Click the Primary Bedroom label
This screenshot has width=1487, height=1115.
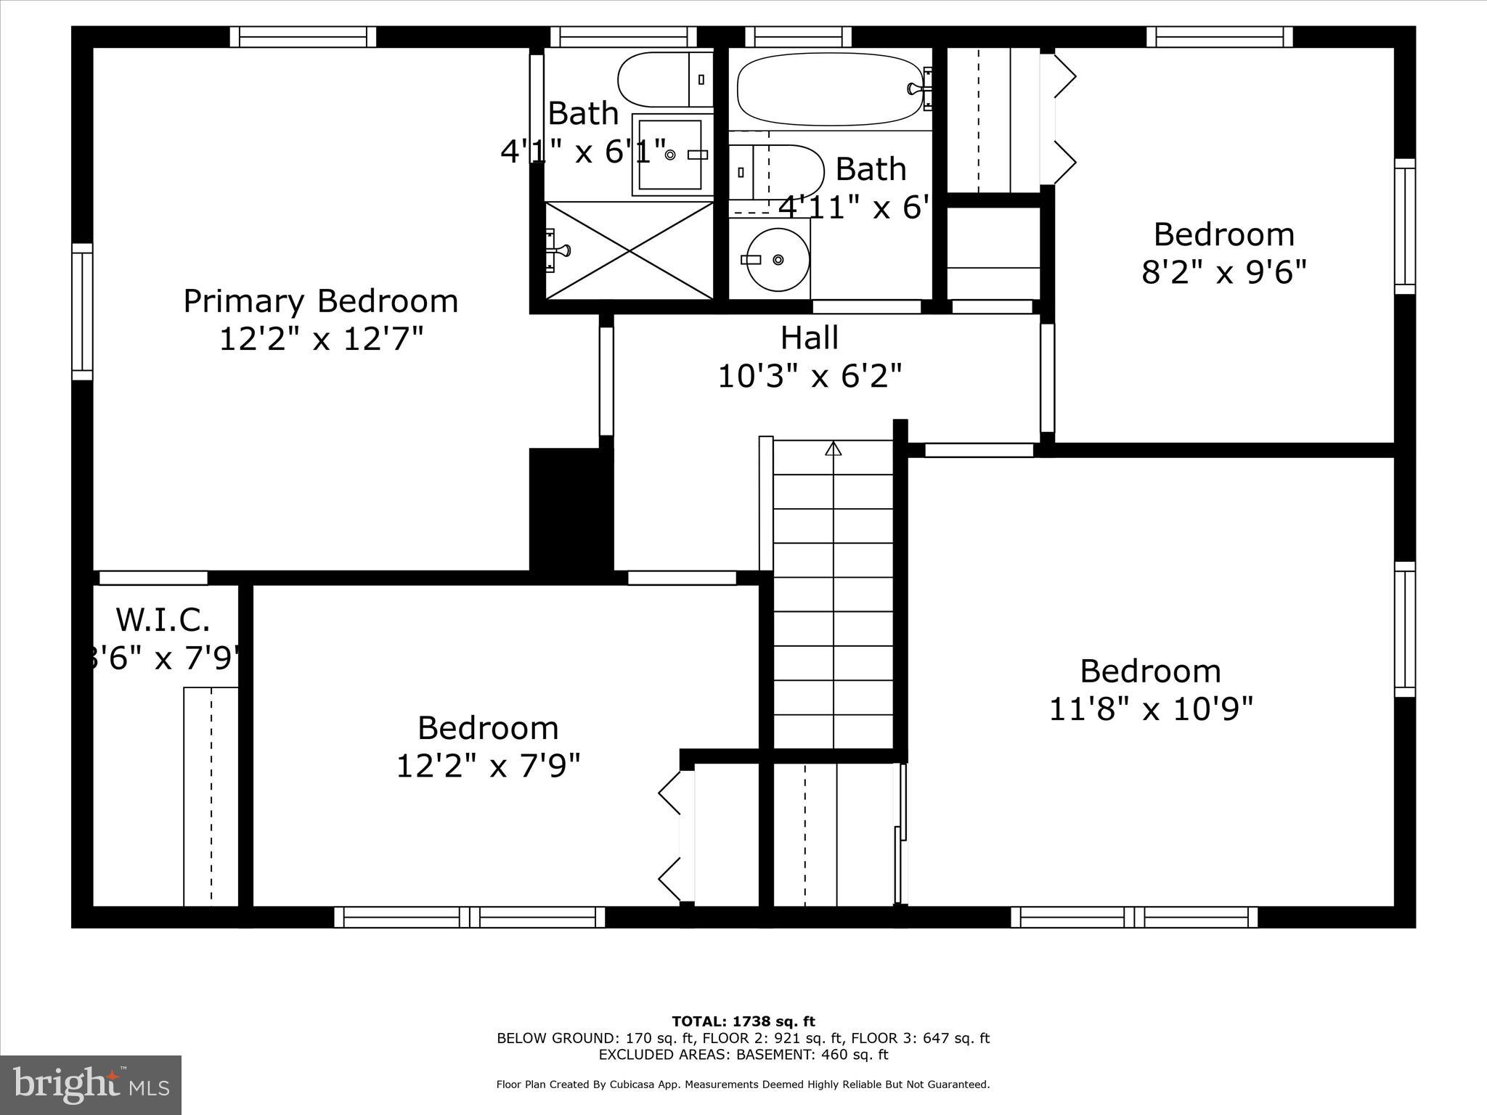pyautogui.click(x=320, y=301)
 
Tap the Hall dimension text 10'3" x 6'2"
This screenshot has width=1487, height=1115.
pyautogui.click(x=810, y=377)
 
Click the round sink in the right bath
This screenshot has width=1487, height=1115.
pyautogui.click(x=778, y=259)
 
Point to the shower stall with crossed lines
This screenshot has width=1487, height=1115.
pyautogui.click(x=630, y=250)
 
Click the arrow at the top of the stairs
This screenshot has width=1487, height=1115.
pyautogui.click(x=833, y=448)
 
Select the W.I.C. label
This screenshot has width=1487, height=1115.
pyautogui.click(x=163, y=620)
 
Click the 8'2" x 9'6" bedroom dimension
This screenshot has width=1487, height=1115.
pyautogui.click(x=1223, y=273)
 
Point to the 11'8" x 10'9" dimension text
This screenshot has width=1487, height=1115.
pyautogui.click(x=1151, y=708)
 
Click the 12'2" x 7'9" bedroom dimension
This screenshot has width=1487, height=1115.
pyautogui.click(x=488, y=766)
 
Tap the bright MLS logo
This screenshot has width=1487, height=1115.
pyautogui.click(x=91, y=1085)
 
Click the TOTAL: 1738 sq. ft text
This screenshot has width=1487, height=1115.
pyautogui.click(x=743, y=1022)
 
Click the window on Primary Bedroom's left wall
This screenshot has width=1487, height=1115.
pyautogui.click(x=82, y=311)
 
